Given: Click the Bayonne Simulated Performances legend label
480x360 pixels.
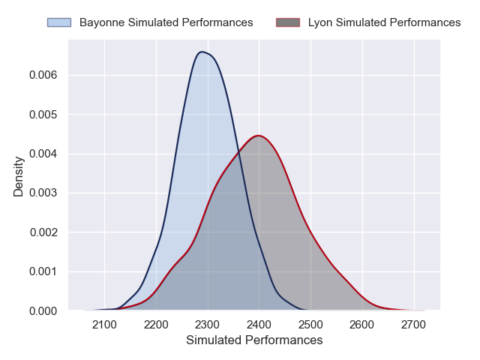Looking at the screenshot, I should pyautogui.click(x=166, y=22).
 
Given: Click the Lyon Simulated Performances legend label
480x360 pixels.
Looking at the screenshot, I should pyautogui.click(x=384, y=22).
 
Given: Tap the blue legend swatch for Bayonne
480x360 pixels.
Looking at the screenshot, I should pyautogui.click(x=59, y=22).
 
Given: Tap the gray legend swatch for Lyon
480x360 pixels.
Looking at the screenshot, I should pyautogui.click(x=288, y=22).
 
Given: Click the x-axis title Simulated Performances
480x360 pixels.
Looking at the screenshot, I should pyautogui.click(x=253, y=340).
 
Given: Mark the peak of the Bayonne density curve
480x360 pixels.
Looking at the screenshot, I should pyautogui.click(x=201, y=52).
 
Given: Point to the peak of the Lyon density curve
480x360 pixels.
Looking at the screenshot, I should pyautogui.click(x=258, y=136).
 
